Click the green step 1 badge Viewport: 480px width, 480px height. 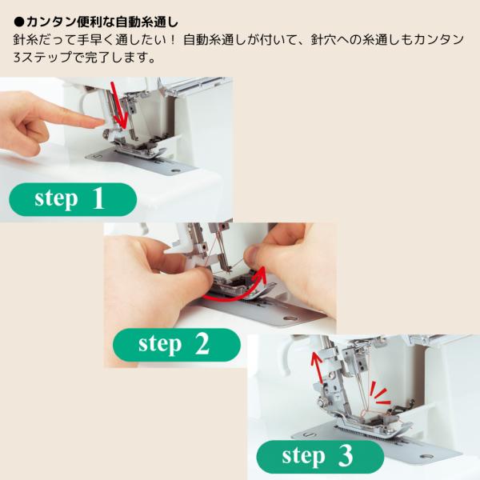point(73,199)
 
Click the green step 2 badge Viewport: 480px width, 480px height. point(177,345)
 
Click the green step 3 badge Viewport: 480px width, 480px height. point(320,457)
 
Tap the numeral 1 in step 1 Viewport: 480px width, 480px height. point(98,198)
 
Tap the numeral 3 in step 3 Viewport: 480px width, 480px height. point(346,456)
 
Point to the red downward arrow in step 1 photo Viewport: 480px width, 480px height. point(118,106)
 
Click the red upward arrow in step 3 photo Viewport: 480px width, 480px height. point(317,366)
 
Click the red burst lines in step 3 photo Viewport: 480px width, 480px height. point(379,394)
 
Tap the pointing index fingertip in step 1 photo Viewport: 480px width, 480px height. point(101,122)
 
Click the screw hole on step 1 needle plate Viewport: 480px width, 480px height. point(175,170)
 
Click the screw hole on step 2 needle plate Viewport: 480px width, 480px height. point(289,318)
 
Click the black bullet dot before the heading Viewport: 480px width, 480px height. point(19,22)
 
